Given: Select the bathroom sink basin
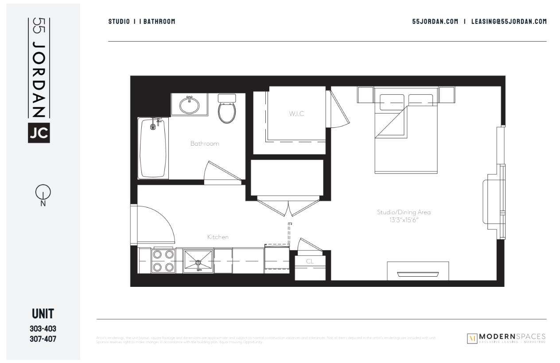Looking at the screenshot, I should [x=189, y=105].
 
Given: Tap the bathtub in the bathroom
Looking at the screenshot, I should [x=153, y=148].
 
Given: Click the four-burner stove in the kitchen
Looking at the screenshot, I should [x=163, y=261].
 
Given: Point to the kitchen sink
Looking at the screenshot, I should [x=198, y=261].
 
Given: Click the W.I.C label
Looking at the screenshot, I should [x=296, y=114].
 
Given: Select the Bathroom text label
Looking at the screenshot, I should [x=205, y=143].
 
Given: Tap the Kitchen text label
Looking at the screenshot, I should [x=218, y=237].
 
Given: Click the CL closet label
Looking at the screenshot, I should [x=310, y=261].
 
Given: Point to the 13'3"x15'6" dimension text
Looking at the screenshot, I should [x=404, y=220].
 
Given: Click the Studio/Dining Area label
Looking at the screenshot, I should [x=404, y=212].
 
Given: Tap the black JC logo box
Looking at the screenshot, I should [x=39, y=133].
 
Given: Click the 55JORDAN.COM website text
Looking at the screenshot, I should [x=435, y=21].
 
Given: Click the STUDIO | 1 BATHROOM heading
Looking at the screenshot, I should [x=142, y=21].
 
